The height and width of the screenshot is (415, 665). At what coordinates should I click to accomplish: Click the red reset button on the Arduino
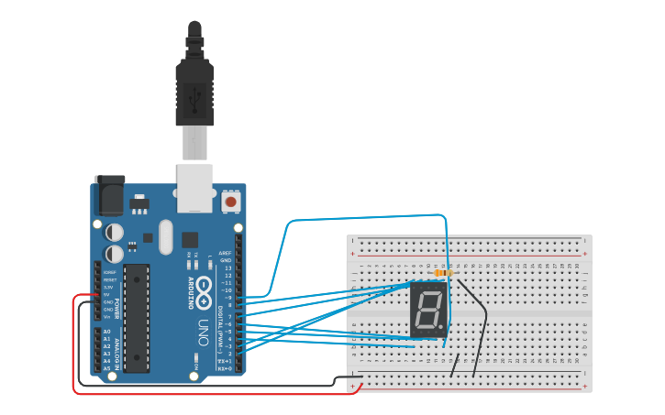pyautogui.click(x=230, y=201)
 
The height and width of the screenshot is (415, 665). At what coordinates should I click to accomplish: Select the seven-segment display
pyautogui.click(x=428, y=311)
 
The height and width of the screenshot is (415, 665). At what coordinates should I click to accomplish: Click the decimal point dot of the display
pyautogui.click(x=444, y=331)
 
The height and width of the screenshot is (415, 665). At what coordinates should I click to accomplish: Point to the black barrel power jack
pyautogui.click(x=109, y=195)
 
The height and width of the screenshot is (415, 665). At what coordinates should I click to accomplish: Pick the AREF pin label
pyautogui.click(x=226, y=252)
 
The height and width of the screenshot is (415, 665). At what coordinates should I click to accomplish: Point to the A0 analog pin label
pyautogui.click(x=107, y=332)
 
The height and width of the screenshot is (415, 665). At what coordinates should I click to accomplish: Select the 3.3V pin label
pyautogui.click(x=108, y=288)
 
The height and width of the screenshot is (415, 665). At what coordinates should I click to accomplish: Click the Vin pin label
pyautogui.click(x=107, y=317)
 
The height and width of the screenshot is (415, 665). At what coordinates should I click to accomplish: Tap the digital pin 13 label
pyautogui.click(x=227, y=268)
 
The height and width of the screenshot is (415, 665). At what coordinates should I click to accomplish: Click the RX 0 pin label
pyautogui.click(x=224, y=369)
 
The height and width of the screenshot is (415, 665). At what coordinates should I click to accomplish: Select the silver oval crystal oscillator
pyautogui.click(x=165, y=236)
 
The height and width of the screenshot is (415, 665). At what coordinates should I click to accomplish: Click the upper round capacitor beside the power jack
pyautogui.click(x=115, y=233)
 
